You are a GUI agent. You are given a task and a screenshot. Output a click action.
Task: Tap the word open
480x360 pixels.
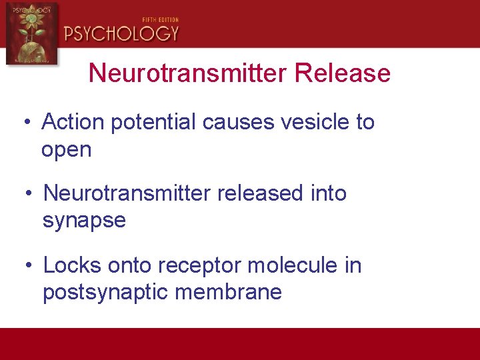66,151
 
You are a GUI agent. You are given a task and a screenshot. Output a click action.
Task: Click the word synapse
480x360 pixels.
84,221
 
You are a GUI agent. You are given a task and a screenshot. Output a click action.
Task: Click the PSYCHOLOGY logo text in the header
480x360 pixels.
121,33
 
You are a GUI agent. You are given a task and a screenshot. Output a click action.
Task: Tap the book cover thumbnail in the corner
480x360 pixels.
31,33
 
